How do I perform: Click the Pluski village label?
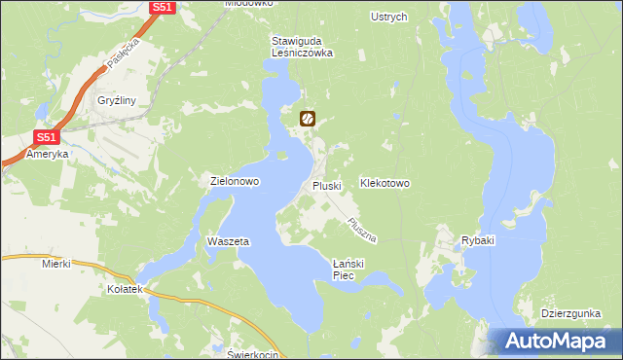click(x=325, y=185)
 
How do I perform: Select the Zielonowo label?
click(x=235, y=181)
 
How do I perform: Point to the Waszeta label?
click(x=229, y=240)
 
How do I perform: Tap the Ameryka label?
click(x=48, y=154)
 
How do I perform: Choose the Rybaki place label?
click(x=479, y=240)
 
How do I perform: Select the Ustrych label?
click(x=389, y=17)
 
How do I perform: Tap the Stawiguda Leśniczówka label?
click(x=302, y=47)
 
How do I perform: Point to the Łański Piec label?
click(x=348, y=270)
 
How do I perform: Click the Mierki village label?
click(x=57, y=263)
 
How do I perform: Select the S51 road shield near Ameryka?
click(x=46, y=137)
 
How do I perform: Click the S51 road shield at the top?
click(x=164, y=7)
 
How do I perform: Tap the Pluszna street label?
click(x=362, y=230)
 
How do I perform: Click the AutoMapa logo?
click(x=558, y=342)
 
